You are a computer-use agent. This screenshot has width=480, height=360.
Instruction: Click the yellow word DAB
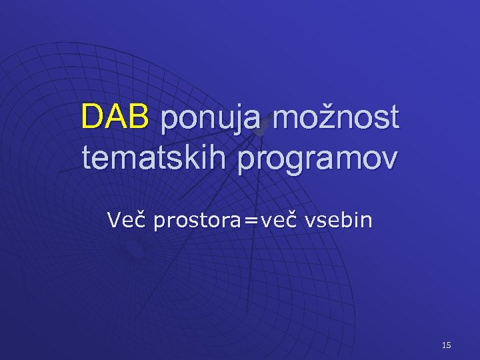coord(114,118)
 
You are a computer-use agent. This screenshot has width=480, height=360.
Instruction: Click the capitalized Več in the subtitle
coord(127,220)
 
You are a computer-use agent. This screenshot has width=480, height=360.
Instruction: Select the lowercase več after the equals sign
coord(279,220)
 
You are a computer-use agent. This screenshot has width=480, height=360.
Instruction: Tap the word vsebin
coord(338,220)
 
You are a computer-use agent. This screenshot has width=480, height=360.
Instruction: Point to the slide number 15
coord(446,345)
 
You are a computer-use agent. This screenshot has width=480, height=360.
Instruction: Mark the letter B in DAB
coord(138,118)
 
